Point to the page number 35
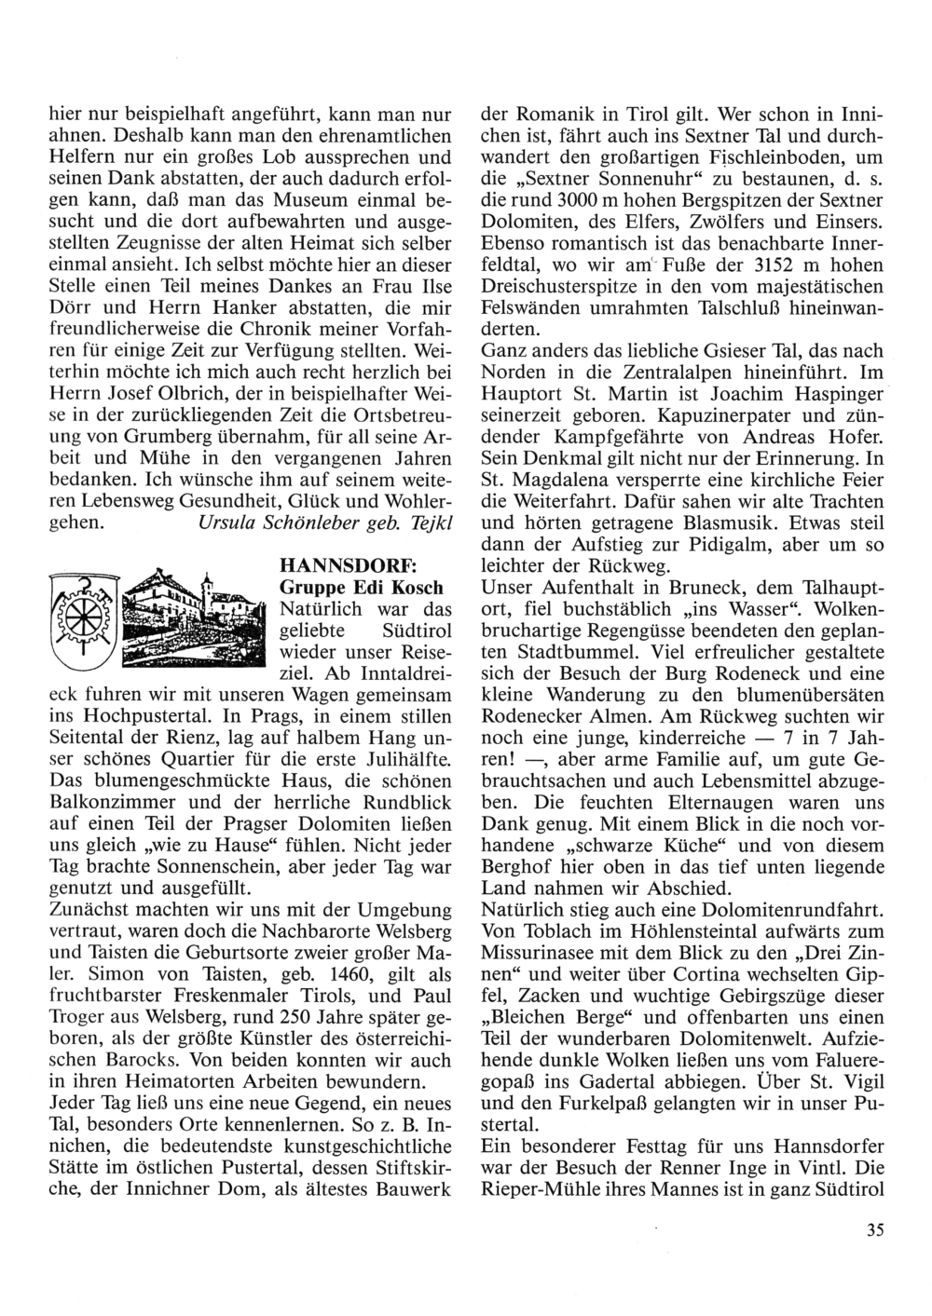873,1229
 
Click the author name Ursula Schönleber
280,522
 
